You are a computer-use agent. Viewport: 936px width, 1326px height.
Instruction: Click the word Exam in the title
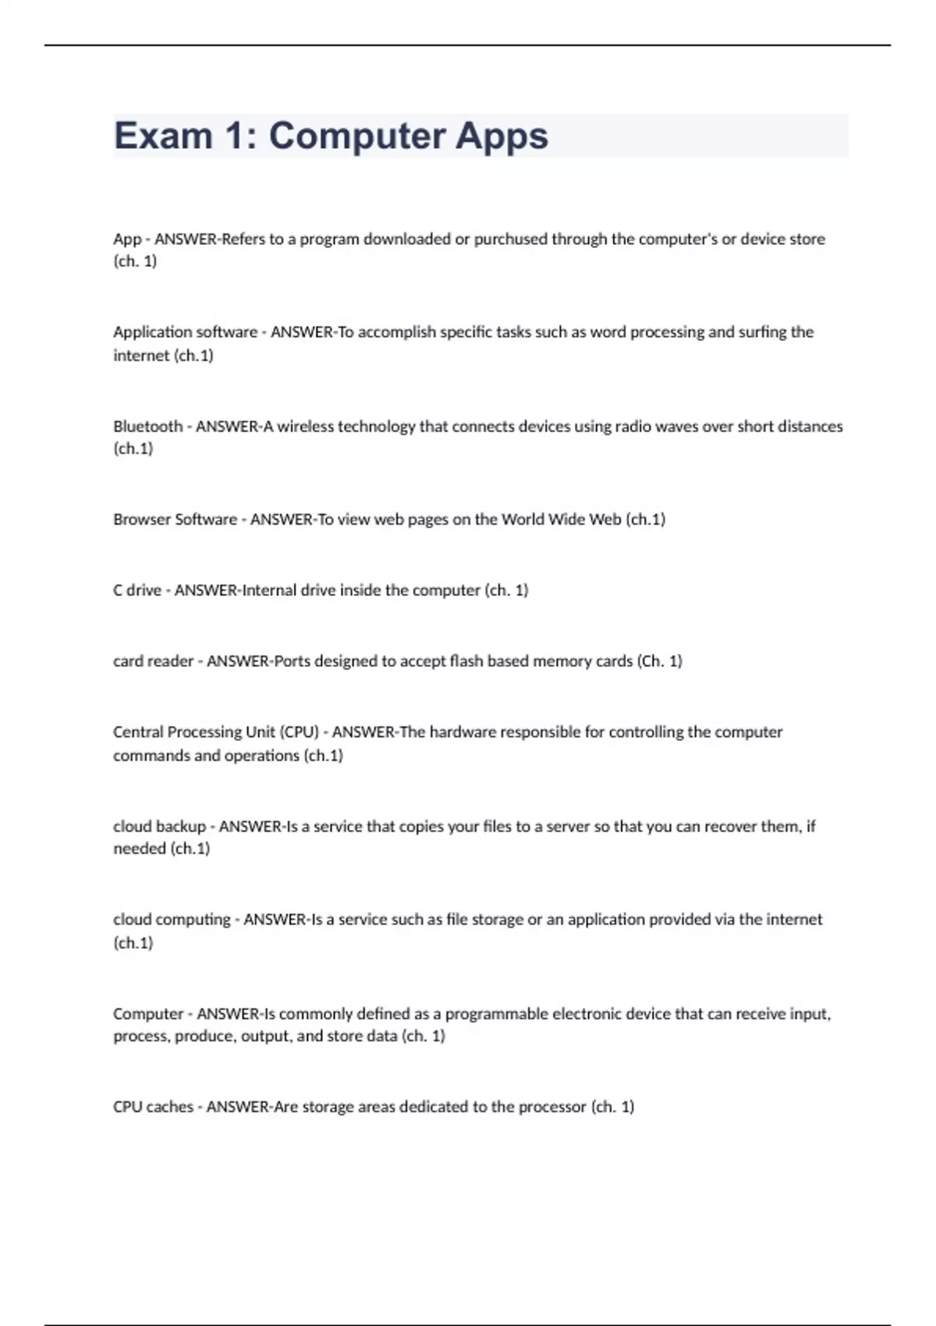tap(163, 136)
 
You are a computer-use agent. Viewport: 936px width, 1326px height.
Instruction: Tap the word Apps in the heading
tap(502, 136)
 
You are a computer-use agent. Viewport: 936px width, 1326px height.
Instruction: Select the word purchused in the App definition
tap(510, 239)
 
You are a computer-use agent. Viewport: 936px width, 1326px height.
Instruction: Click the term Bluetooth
tap(147, 426)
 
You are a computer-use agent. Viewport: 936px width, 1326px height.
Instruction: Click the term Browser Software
tap(175, 519)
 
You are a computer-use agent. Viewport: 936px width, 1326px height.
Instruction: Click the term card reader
tap(153, 661)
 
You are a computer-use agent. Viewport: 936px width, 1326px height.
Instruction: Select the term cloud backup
tap(159, 826)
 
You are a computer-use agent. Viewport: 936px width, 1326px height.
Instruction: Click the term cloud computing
tap(172, 919)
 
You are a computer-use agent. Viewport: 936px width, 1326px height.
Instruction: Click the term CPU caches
tap(153, 1106)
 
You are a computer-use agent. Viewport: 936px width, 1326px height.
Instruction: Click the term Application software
tap(185, 331)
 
